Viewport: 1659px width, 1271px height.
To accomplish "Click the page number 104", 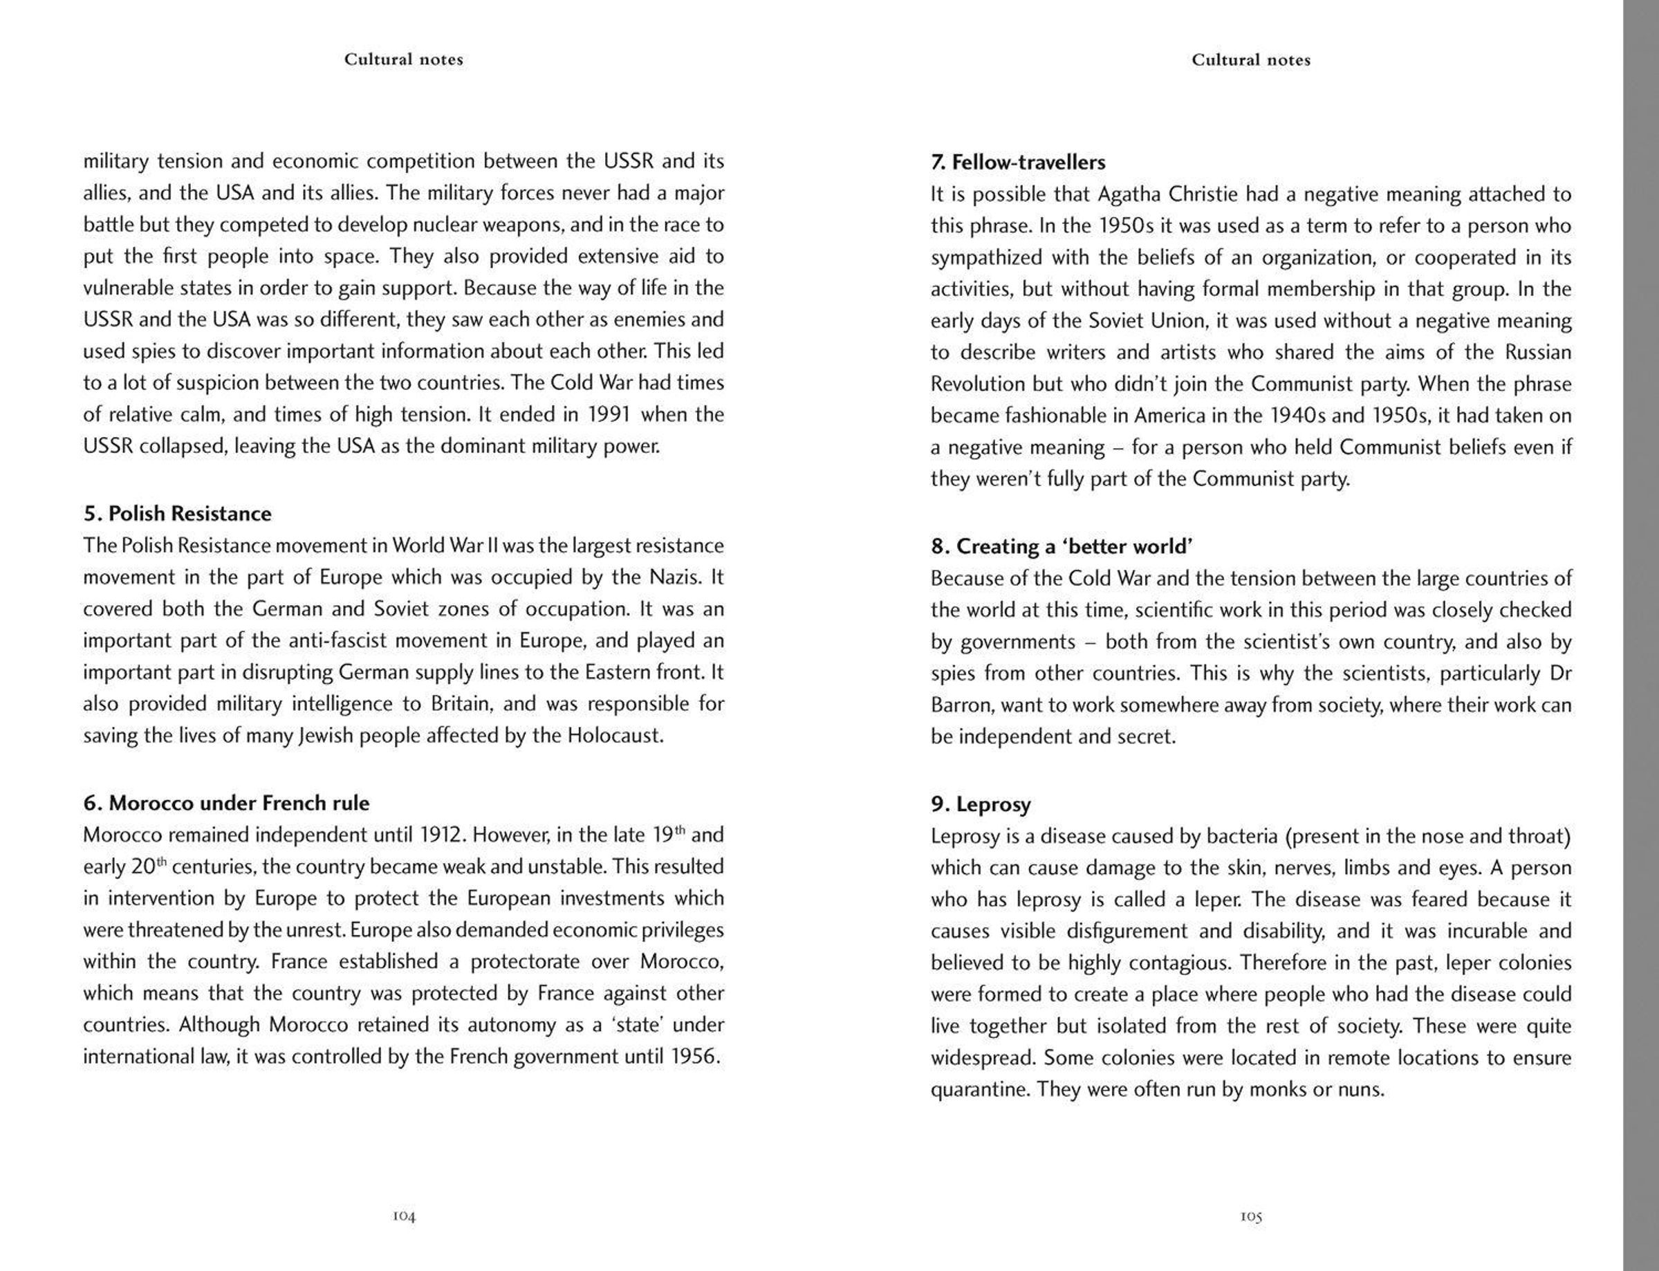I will [404, 1216].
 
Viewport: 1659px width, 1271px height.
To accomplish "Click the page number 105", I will [1251, 1216].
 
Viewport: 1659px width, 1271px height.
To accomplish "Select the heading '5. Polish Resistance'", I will [178, 514].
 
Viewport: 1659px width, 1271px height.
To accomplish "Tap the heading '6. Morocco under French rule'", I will [226, 803].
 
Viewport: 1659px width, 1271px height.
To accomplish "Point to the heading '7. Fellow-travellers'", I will [1017, 162].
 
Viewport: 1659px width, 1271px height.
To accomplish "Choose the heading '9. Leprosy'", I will [981, 804].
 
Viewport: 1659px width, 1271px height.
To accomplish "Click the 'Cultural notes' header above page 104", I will [403, 59].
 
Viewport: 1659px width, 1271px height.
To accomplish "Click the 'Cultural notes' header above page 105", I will [1250, 59].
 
